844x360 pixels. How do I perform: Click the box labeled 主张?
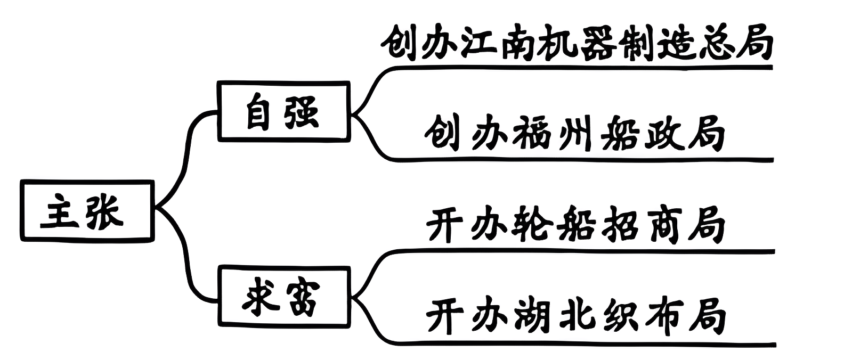pos(87,211)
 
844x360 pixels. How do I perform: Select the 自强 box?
pos(284,111)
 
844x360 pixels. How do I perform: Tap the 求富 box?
pos(284,296)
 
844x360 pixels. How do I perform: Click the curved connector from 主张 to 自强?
pos(186,154)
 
